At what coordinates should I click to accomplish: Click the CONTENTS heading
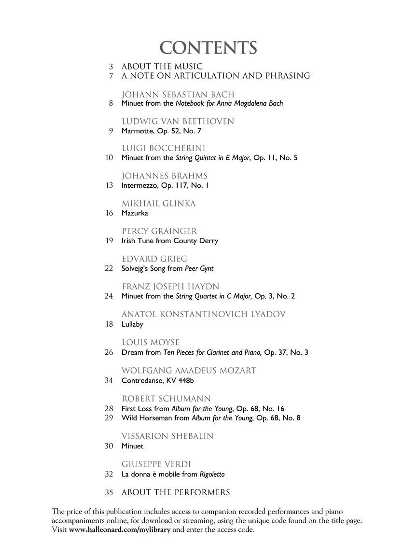click(x=208, y=48)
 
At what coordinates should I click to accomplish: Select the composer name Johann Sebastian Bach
click(x=178, y=94)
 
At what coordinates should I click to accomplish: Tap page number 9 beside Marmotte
click(x=111, y=131)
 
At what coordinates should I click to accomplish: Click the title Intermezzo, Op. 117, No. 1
click(x=165, y=185)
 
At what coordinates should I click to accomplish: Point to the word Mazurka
click(x=135, y=213)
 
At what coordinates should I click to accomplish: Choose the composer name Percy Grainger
click(x=159, y=231)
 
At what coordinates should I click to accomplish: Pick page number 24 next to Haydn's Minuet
click(x=109, y=296)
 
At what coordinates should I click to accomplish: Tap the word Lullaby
click(x=132, y=324)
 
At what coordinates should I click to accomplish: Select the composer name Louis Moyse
click(x=151, y=343)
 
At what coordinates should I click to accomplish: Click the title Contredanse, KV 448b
click(x=158, y=380)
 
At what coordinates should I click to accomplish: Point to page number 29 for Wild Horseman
click(x=109, y=417)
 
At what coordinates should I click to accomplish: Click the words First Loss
click(x=137, y=408)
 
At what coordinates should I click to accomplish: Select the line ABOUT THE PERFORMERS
click(x=176, y=492)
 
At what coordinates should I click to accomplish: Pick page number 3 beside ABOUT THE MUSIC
click(x=111, y=66)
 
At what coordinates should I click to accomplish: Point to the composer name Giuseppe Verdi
click(x=157, y=464)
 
